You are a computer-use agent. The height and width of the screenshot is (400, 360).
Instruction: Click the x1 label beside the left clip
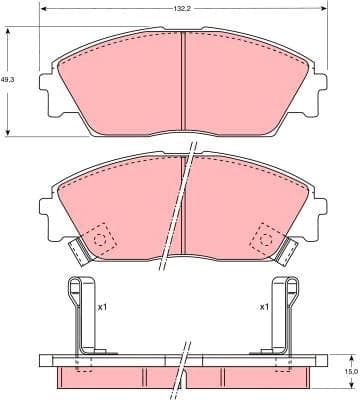(x=103, y=308)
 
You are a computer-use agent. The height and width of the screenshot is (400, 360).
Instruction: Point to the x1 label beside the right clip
(x=264, y=308)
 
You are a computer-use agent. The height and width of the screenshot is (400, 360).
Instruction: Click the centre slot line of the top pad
(x=184, y=85)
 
